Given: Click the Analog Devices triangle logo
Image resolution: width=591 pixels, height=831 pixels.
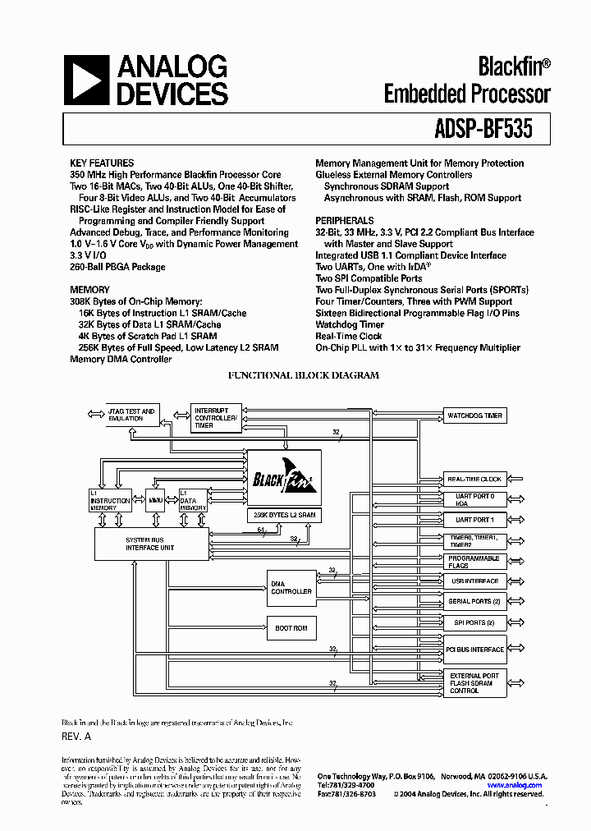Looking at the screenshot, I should click(x=86, y=80).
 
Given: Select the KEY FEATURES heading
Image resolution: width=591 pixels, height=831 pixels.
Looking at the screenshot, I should click(x=102, y=163).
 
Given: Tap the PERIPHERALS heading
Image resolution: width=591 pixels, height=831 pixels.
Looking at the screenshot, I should click(x=345, y=221).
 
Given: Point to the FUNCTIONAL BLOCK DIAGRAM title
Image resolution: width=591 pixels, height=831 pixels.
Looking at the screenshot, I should click(x=303, y=375).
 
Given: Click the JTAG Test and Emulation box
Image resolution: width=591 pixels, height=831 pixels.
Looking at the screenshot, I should click(x=131, y=415).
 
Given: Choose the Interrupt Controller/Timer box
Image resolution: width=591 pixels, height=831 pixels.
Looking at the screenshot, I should click(x=216, y=418).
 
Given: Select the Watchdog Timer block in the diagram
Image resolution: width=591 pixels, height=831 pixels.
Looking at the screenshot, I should click(x=474, y=415).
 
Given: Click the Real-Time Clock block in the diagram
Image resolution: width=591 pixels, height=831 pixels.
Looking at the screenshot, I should click(x=474, y=479).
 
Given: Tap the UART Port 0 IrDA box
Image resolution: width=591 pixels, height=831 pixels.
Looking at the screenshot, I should click(x=474, y=499).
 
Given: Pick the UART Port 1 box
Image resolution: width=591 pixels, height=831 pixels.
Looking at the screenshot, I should click(x=474, y=520).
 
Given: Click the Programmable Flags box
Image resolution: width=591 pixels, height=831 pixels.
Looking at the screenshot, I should click(x=474, y=562).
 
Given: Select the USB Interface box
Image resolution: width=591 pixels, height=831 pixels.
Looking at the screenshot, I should click(x=474, y=581).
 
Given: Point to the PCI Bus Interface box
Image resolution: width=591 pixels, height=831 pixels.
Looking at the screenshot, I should click(x=474, y=650).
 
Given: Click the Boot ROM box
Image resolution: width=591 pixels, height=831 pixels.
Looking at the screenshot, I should click(x=291, y=628).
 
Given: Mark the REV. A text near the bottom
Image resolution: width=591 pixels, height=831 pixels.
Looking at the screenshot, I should click(x=76, y=737).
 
